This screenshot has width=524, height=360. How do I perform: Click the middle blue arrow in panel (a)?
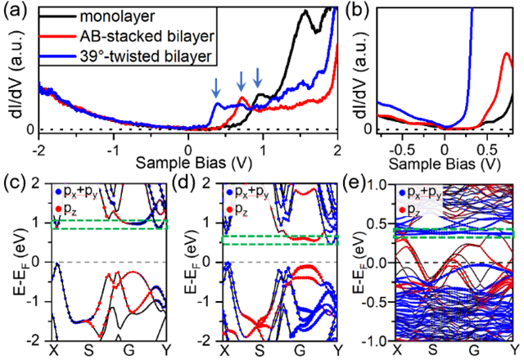click(242, 80)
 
